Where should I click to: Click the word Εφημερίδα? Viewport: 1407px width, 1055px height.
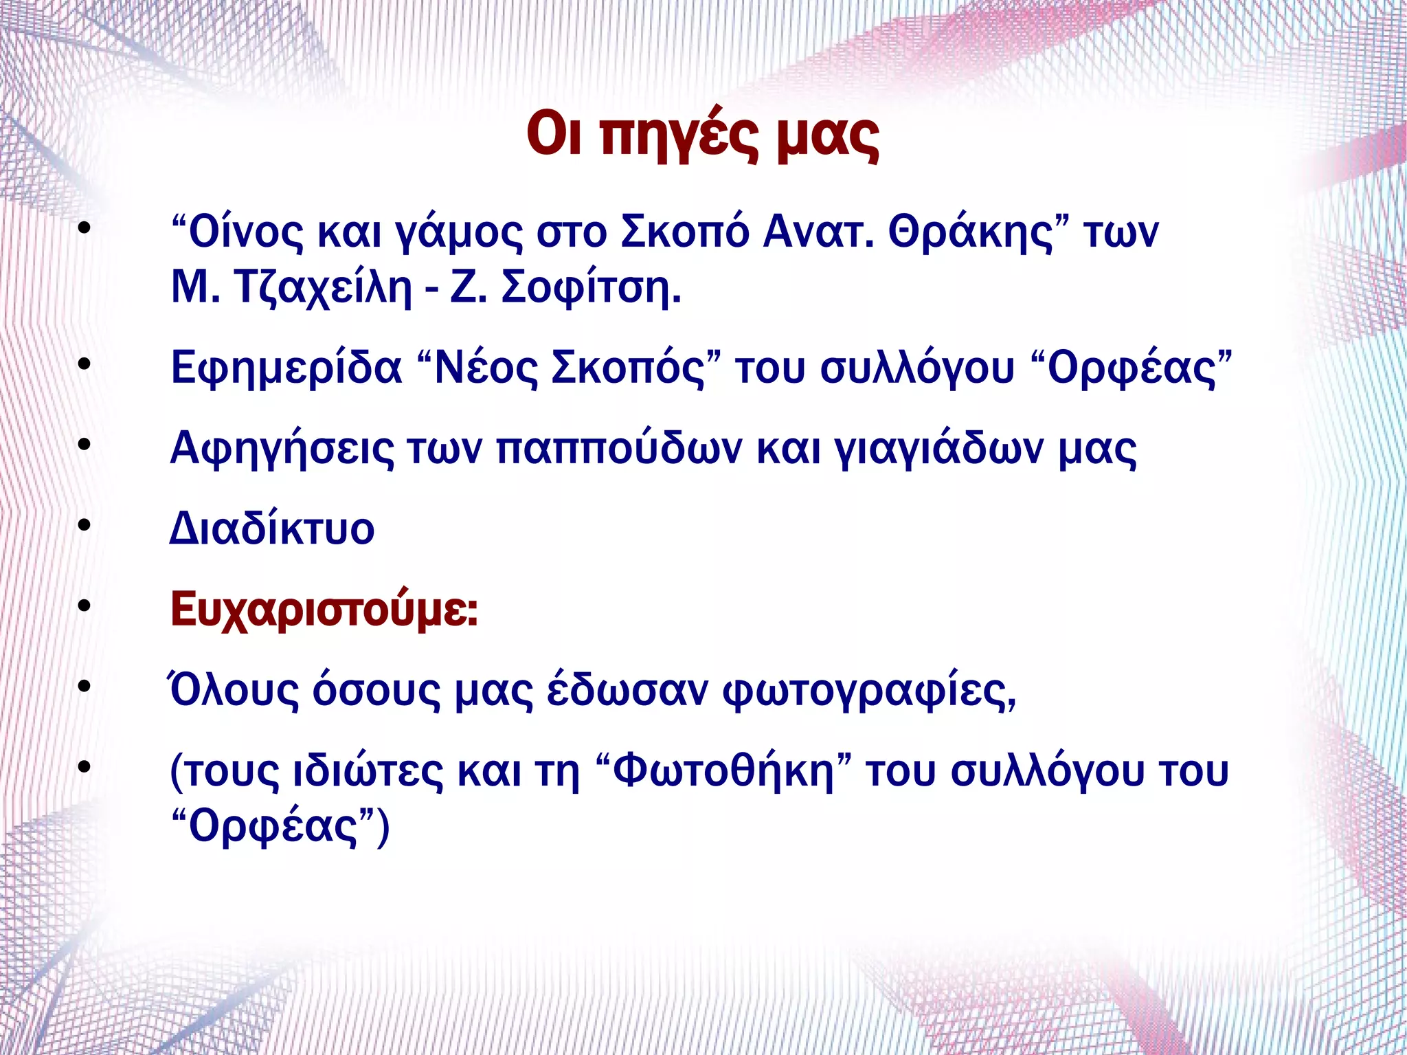pyautogui.click(x=286, y=368)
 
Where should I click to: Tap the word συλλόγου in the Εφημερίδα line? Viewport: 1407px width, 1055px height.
pyautogui.click(x=917, y=368)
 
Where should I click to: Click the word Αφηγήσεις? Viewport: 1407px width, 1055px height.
pyautogui.click(x=282, y=449)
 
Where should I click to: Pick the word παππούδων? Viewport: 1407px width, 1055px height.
pyautogui.click(x=618, y=449)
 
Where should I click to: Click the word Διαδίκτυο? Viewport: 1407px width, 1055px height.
pyautogui.click(x=272, y=529)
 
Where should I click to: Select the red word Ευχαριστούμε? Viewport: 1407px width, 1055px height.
pyautogui.click(x=323, y=610)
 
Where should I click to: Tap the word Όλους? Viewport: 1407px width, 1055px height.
pyautogui.click(x=234, y=690)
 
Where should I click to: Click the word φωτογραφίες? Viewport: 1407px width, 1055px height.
pyautogui.click(x=869, y=691)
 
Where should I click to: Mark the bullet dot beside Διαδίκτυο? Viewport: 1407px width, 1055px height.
pyautogui.click(x=84, y=526)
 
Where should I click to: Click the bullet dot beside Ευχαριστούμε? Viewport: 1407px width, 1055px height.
pyautogui.click(x=84, y=606)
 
